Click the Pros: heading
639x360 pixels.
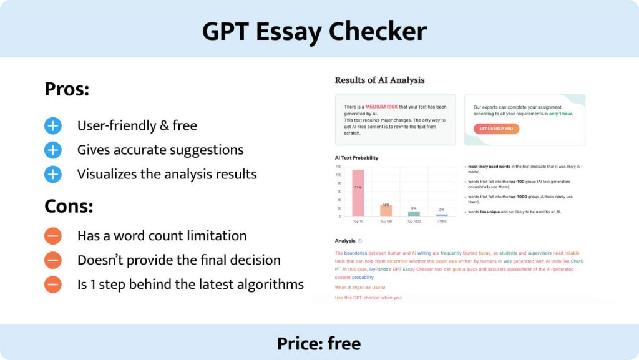[x=67, y=89]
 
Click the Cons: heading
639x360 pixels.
[x=68, y=205]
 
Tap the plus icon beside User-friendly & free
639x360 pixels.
[x=53, y=126]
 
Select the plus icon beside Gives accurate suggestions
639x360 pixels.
[x=53, y=150]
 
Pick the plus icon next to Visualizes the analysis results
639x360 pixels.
[x=53, y=174]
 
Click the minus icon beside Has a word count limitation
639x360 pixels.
[x=53, y=236]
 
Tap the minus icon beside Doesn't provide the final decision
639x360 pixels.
[x=53, y=260]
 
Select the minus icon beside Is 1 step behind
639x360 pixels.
[x=53, y=285]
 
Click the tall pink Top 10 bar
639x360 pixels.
[x=358, y=193]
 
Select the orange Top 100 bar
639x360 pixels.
[x=386, y=210]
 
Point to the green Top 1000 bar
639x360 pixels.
[x=414, y=213]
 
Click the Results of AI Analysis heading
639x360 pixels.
[x=379, y=80]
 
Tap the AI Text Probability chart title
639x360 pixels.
[x=356, y=158]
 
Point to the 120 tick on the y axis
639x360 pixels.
[x=338, y=167]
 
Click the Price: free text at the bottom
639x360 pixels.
[x=319, y=343]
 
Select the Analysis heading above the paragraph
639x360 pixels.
[x=345, y=241]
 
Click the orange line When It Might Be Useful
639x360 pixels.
[x=360, y=287]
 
